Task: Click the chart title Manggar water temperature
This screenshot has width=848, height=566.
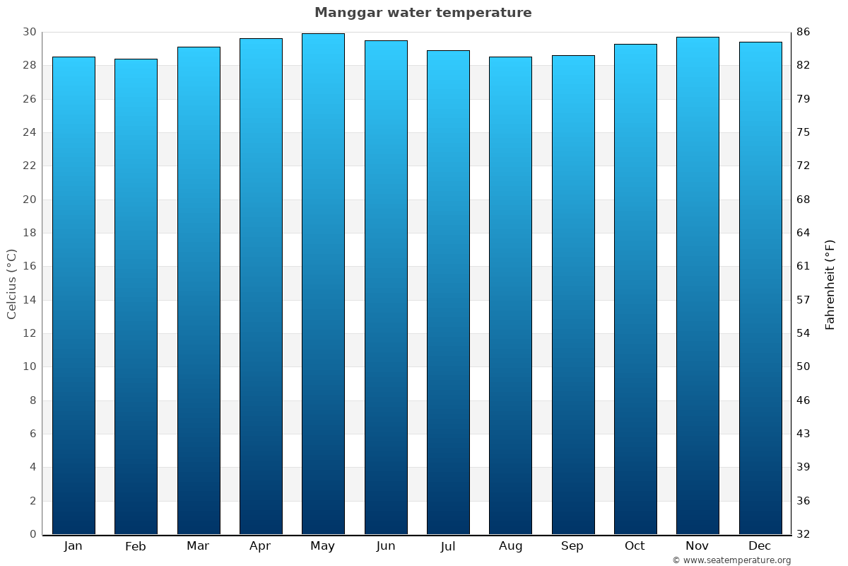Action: coord(423,13)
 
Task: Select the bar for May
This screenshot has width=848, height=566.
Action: coord(323,283)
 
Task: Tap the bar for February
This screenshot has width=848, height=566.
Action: coord(136,297)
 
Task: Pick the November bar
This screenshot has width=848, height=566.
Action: coord(697,283)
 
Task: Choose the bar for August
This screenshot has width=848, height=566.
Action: coord(510,297)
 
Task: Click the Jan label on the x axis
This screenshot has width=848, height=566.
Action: coord(73,546)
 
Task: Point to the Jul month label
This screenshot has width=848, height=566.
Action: coord(448,546)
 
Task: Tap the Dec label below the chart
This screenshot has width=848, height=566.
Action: coord(760,546)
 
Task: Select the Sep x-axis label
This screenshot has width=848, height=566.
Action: coord(572,546)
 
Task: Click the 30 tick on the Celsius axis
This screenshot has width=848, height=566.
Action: coord(30,33)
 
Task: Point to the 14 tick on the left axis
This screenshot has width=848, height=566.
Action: coord(30,300)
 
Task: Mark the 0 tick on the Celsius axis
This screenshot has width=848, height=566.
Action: coord(33,534)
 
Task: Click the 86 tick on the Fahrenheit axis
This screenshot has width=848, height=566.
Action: coord(803,33)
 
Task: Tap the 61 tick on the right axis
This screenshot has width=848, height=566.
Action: coord(803,267)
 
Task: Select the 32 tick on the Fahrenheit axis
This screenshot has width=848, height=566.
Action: coord(803,534)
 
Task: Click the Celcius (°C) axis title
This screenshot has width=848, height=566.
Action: coord(12,283)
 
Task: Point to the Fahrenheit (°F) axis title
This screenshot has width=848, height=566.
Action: coord(830,284)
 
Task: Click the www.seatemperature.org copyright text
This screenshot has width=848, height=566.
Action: coord(731,560)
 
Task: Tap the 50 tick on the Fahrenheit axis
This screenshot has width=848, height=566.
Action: coord(803,366)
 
